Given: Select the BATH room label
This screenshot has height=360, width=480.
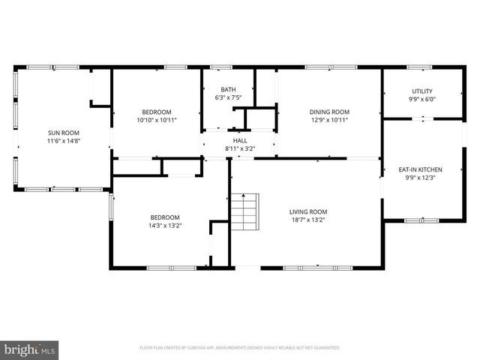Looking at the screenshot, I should (229, 89).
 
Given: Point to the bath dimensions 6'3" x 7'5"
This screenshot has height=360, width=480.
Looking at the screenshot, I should (229, 97).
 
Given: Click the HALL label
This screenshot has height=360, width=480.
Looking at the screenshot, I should (240, 140).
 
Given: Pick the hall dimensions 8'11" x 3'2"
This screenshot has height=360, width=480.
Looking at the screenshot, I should (240, 148).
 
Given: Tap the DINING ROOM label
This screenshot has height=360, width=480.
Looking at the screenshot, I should (330, 112).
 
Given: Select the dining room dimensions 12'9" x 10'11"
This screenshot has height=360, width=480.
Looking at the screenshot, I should (330, 120).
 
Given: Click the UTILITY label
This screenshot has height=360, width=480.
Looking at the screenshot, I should (421, 91).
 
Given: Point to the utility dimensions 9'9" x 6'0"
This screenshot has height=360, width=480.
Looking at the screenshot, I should (421, 99).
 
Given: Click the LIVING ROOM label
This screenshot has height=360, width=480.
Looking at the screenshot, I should (308, 211).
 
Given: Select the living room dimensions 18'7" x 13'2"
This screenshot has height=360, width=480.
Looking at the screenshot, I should (308, 220).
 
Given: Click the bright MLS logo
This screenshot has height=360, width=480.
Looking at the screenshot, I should (30, 349).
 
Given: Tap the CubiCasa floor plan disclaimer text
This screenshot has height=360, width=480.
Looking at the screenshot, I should (240, 348).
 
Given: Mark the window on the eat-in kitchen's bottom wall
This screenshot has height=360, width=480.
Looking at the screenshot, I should (421, 220).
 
